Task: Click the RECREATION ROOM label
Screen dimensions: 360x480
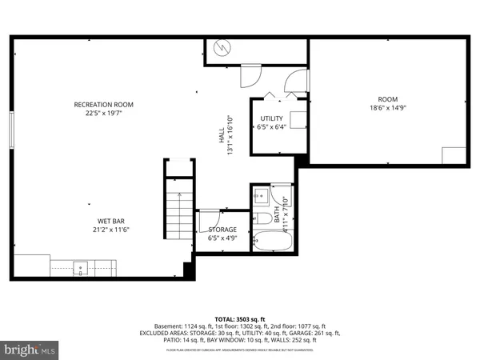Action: (103, 105)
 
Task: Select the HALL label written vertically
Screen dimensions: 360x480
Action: (222, 137)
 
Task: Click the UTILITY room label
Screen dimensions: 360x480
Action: (271, 118)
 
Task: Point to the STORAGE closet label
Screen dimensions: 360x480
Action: (222, 230)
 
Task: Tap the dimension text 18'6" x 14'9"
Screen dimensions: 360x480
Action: (387, 108)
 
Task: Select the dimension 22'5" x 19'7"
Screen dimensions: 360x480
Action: (103, 114)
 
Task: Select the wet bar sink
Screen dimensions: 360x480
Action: (81, 266)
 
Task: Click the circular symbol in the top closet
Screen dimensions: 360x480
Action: (220, 48)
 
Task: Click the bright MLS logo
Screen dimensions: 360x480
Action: (31, 348)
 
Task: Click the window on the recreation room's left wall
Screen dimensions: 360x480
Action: (11, 129)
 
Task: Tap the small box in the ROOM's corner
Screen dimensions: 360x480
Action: (453, 155)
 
